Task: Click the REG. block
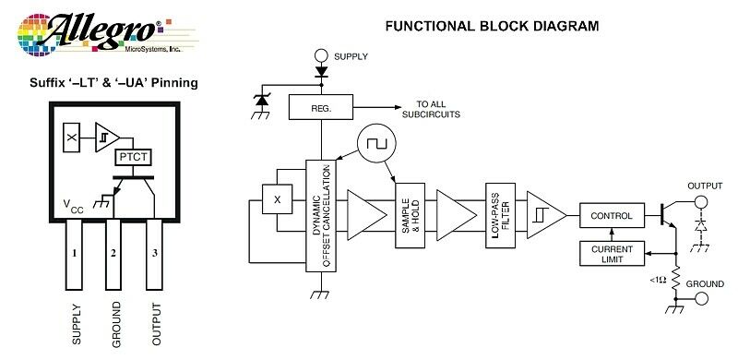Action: point(320,107)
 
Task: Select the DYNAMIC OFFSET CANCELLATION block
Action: point(321,216)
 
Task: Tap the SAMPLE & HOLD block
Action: point(410,215)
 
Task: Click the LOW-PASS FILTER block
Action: point(500,215)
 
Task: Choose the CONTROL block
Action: point(612,215)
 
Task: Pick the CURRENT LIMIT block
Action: point(612,254)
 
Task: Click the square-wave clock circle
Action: point(376,143)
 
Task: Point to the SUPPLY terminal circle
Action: point(321,56)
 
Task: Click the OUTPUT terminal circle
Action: point(701,202)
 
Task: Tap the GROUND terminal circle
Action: point(702,299)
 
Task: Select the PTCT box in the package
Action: point(134,157)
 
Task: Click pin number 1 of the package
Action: point(74,255)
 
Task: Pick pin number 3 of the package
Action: point(154,255)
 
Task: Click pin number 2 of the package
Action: point(113,255)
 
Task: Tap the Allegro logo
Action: point(107,34)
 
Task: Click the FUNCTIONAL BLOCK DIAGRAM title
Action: point(492,26)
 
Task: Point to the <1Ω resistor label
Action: point(658,280)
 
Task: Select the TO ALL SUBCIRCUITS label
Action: point(431,109)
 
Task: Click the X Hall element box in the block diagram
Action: point(277,199)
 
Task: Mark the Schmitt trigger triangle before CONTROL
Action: point(546,215)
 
